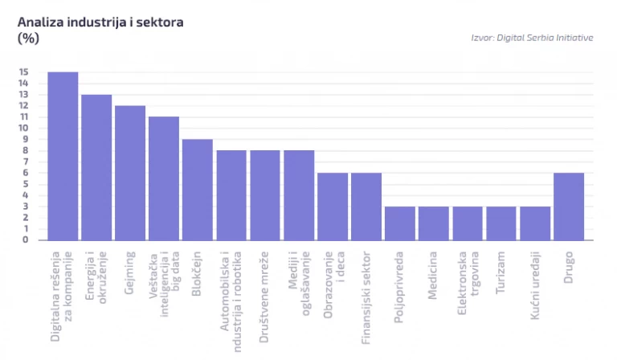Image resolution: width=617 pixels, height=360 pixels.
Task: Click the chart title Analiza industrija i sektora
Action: point(101,22)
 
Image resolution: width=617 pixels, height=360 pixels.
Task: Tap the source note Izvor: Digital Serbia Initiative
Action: point(532,38)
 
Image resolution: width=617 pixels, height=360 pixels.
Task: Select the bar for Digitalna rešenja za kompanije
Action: point(63,156)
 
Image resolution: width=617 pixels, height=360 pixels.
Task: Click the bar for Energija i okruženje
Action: point(96,167)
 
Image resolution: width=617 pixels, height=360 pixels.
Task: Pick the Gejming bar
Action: point(130,173)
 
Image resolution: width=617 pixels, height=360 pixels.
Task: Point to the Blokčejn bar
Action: point(198,190)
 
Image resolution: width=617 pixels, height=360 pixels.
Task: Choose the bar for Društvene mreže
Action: point(265,195)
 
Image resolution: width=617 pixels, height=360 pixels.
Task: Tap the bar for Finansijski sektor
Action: point(366,207)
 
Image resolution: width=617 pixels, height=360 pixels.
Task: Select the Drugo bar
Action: point(569,207)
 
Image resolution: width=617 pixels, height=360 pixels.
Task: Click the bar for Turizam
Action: point(501,223)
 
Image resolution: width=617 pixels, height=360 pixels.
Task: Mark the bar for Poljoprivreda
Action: point(400,223)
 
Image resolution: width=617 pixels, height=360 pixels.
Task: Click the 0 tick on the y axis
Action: point(26,239)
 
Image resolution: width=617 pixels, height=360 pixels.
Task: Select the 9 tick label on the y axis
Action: point(26,139)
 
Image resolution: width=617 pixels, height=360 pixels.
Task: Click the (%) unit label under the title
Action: point(28,38)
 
